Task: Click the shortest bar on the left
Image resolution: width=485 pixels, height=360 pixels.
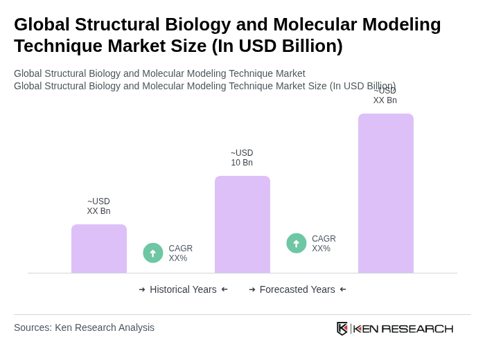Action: point(99,249)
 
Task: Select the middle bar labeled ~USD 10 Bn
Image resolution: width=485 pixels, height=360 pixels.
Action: point(242,224)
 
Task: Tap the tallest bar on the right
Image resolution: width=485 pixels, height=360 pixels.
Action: point(386,193)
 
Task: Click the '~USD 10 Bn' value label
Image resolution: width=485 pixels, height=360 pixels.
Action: point(242,158)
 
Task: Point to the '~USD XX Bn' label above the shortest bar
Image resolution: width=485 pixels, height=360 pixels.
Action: point(98,206)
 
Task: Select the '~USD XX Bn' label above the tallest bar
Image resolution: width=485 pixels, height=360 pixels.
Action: point(385,96)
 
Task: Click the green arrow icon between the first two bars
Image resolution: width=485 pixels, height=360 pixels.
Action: point(153,253)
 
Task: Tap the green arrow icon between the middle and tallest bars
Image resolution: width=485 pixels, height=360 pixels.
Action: point(297,243)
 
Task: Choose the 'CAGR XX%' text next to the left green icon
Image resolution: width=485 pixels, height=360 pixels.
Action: point(181,253)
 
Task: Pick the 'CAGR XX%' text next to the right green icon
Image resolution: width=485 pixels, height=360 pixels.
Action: point(324,244)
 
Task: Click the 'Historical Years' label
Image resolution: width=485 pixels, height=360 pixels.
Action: point(183,289)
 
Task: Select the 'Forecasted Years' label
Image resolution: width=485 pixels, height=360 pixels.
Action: point(297,289)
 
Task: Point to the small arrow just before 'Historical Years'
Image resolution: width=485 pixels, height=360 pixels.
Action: point(142,289)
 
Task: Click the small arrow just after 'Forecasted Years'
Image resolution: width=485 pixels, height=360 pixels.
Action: point(343,289)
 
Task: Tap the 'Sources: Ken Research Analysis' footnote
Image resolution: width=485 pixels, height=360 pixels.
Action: point(84,327)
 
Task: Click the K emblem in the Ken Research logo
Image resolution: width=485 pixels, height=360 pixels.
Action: point(342,328)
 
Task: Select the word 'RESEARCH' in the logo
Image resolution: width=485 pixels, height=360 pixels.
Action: point(417,328)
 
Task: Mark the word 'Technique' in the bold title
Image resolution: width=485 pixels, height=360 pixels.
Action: point(56,46)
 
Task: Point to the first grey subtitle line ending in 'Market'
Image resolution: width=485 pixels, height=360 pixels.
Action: point(159,73)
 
